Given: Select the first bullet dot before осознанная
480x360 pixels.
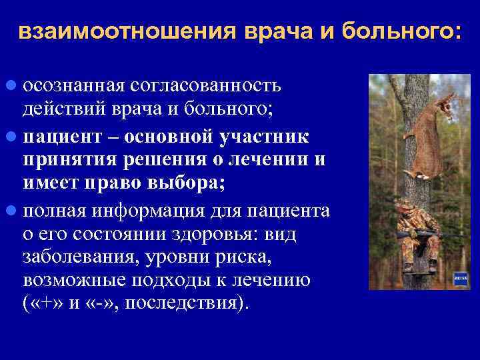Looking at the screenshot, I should coord(12,87).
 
